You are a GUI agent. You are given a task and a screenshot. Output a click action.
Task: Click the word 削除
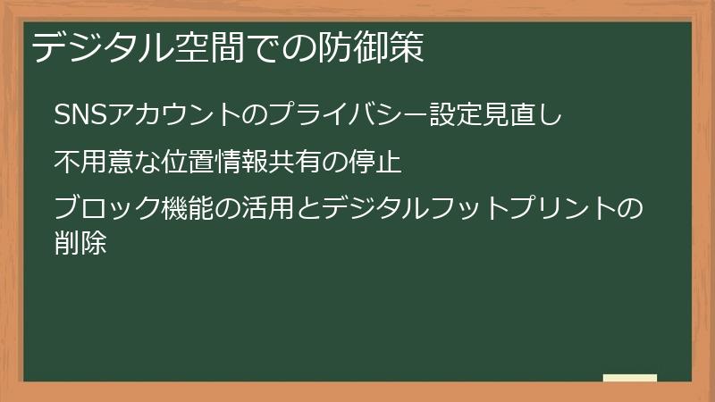click(x=80, y=242)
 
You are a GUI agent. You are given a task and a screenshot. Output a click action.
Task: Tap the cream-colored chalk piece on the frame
click(x=630, y=378)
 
